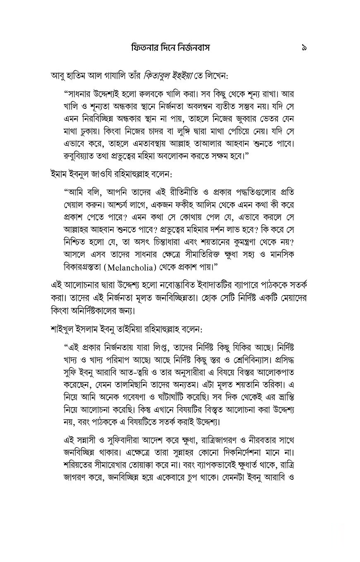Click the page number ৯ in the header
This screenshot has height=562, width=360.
tap(304, 48)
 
